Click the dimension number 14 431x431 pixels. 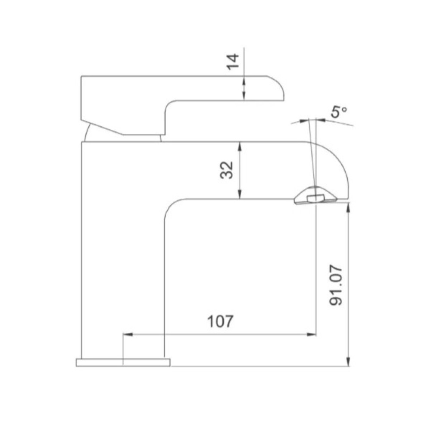pos(233,62)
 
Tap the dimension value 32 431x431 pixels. pos(227,170)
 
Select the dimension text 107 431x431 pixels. pos(220,321)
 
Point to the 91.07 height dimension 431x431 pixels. pos(336,285)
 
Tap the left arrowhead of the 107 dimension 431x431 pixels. pos(128,334)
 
